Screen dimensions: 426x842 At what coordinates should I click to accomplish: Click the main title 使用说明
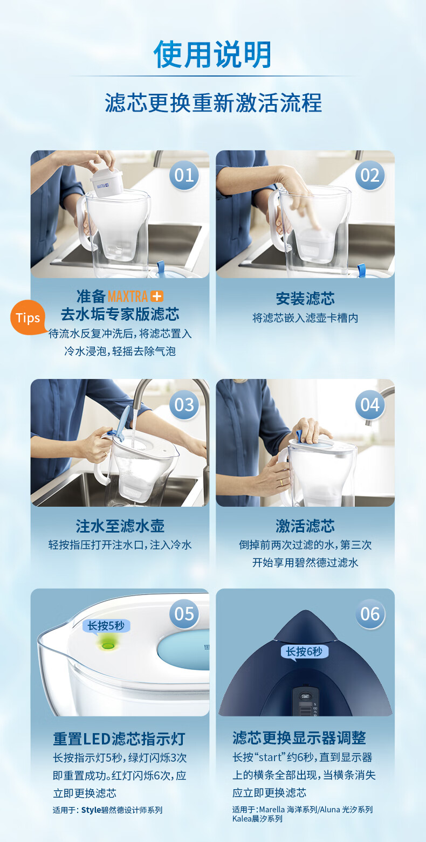coord(212,54)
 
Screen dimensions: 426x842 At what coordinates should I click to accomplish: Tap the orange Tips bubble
coord(28,318)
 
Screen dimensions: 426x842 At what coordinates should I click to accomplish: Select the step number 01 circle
coord(184,175)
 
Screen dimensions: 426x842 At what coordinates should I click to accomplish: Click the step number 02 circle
coord(370,175)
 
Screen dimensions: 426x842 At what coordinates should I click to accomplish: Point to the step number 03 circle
coord(184,405)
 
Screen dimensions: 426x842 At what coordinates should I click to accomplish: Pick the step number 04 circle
coord(370,405)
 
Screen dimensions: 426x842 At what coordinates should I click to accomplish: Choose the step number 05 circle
coord(184,614)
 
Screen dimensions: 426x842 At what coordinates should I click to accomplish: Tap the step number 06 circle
coord(370,614)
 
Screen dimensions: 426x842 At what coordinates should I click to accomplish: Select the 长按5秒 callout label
coord(106,626)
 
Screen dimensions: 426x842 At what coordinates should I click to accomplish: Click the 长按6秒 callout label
coord(304,652)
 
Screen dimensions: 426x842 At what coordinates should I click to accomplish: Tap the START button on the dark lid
coord(305,696)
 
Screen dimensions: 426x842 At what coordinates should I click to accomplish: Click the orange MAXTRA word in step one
coord(128,296)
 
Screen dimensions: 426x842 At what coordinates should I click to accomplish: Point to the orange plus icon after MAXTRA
coord(157,296)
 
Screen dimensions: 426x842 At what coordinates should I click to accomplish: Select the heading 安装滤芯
coord(305,299)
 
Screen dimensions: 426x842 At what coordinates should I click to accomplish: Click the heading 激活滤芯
coord(305,526)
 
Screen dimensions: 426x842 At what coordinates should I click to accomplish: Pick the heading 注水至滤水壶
coord(120,526)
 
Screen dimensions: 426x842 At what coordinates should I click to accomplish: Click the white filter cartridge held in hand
coord(107,182)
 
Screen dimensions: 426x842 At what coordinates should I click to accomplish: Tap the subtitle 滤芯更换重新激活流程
coord(213,102)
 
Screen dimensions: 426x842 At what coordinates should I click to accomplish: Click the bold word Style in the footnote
coord(91,810)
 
